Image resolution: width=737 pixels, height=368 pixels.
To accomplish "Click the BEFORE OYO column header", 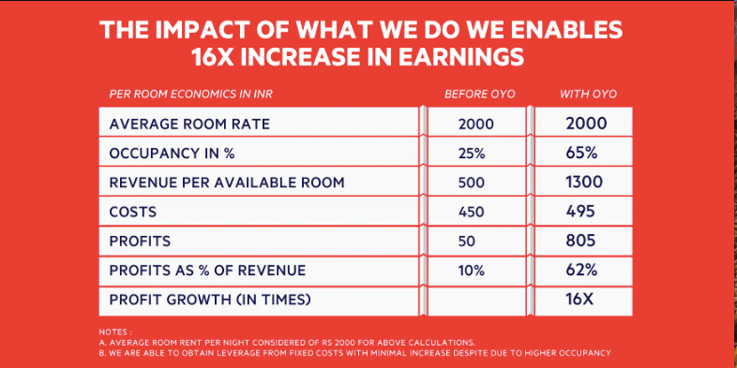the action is tap(479, 95).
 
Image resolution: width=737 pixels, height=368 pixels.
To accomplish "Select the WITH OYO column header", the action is tap(588, 95).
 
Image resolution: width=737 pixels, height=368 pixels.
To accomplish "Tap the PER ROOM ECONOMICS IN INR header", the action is tap(191, 95).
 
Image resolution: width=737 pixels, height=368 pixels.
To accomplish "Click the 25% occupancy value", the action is tap(472, 154).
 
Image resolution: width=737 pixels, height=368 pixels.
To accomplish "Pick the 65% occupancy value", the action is tap(581, 153).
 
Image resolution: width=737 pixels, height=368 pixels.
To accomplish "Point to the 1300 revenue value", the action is tap(584, 182).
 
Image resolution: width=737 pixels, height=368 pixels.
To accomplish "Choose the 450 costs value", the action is tap(471, 213).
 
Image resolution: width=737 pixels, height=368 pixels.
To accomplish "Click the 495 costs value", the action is tap(580, 212).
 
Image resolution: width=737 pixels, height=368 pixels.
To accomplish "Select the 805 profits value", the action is tap(580, 241).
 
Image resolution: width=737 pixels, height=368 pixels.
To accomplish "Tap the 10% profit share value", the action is tap(471, 271).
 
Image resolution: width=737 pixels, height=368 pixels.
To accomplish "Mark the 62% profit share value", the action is tap(581, 271).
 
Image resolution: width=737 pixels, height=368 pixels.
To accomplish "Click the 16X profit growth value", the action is tap(579, 299).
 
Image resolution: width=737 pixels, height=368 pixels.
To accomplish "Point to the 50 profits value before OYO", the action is tap(467, 242).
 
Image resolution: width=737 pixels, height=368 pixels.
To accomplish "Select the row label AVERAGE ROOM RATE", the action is tap(189, 125).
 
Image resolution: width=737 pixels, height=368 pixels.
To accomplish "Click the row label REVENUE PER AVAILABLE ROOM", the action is tap(227, 183).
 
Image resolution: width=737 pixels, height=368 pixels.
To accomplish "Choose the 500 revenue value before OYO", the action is tap(471, 183).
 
